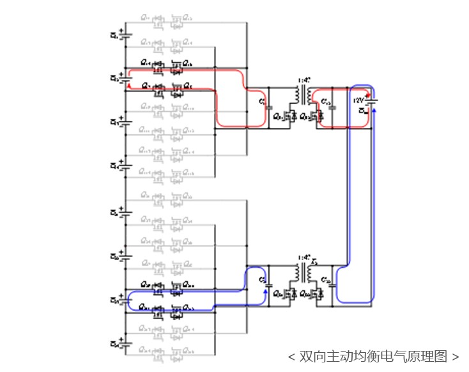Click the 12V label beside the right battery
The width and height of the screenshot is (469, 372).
pos(358,100)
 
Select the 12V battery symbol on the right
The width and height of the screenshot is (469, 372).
pos(370,102)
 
